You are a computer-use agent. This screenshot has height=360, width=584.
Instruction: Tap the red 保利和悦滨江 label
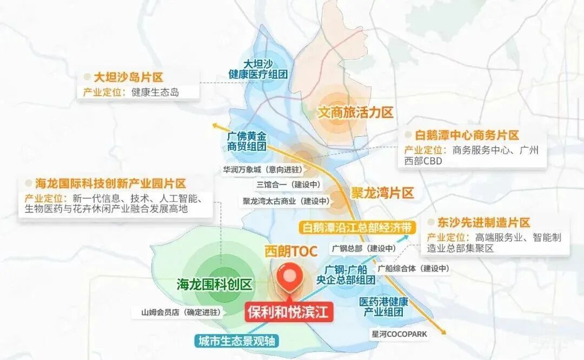[x=289, y=312]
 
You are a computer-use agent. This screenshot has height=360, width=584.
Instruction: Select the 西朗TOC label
[x=290, y=251]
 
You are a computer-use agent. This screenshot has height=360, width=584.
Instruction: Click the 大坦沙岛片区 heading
[x=128, y=77]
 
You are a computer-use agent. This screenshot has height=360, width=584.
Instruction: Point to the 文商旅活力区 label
[x=355, y=112]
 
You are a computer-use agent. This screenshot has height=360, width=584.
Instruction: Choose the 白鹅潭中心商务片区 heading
[x=467, y=135]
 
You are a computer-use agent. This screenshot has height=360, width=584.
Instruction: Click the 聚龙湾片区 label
[x=382, y=192]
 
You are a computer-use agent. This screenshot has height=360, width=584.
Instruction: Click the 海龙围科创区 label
[x=215, y=284]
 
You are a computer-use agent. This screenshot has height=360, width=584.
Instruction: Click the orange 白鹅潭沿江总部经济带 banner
[x=357, y=227]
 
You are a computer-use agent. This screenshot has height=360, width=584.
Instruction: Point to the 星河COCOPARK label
[x=399, y=334]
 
